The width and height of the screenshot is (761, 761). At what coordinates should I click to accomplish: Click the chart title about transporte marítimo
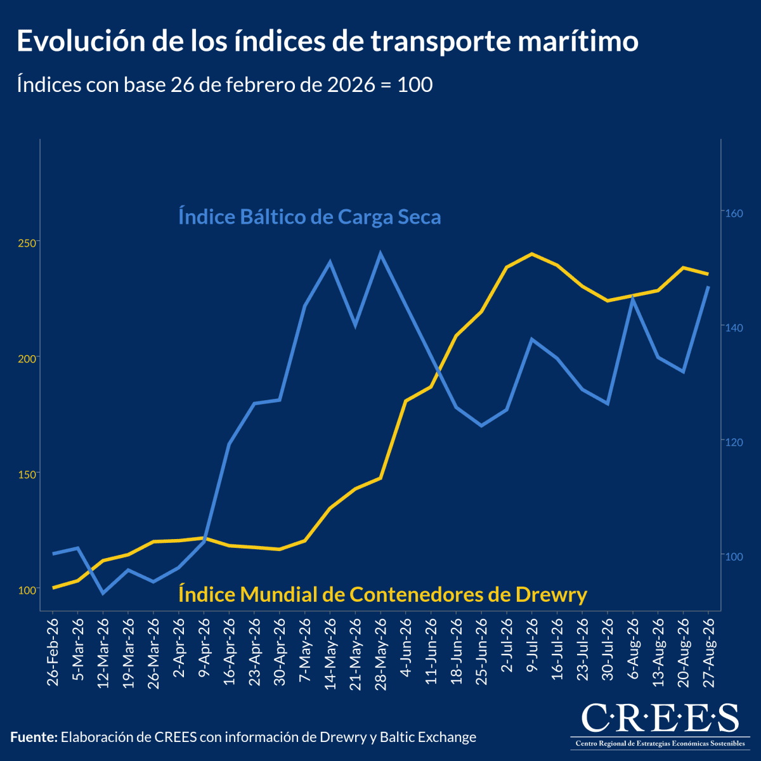(x=327, y=41)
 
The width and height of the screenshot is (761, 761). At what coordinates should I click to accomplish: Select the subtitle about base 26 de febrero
(x=224, y=84)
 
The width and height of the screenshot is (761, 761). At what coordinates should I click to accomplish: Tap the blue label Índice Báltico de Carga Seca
(x=309, y=217)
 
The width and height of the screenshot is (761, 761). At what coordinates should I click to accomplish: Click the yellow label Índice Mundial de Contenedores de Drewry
(x=382, y=594)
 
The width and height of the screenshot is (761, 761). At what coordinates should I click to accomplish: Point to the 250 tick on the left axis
(x=27, y=244)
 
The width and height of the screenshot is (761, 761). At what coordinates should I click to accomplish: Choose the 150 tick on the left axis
(x=27, y=474)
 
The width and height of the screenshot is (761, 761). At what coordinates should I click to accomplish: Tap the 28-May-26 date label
(x=380, y=654)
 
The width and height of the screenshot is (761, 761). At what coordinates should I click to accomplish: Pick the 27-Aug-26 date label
(x=708, y=653)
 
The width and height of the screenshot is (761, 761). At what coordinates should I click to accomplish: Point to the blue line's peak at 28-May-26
(x=380, y=253)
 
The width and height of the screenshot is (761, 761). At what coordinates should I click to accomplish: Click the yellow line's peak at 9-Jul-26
(x=532, y=254)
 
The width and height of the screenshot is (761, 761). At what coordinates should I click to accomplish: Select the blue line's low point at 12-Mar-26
(x=103, y=593)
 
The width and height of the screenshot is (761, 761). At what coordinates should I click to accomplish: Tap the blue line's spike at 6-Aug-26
(x=633, y=297)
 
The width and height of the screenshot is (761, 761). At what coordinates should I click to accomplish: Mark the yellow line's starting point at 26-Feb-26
(x=53, y=588)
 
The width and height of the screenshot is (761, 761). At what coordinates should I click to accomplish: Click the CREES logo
(x=660, y=726)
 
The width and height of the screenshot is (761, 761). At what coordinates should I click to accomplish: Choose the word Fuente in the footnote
(x=34, y=737)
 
